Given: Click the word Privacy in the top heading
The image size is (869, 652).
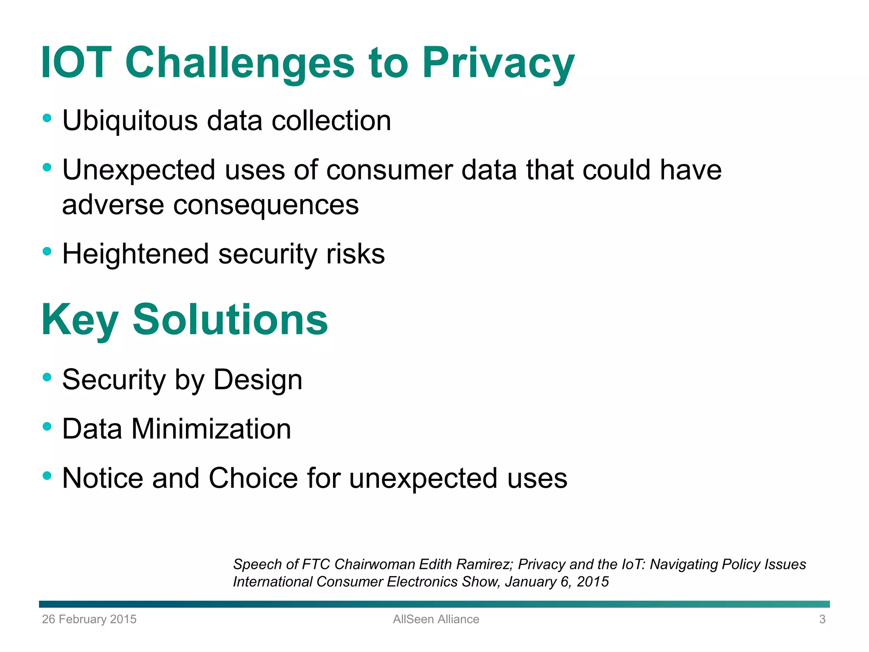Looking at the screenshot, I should point(498,64).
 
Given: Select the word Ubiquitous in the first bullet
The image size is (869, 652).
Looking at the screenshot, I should point(130,121).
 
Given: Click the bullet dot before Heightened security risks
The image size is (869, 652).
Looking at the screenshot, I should point(47,251).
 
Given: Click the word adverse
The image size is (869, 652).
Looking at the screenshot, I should point(112,205).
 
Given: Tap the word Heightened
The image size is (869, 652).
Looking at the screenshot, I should point(135,254).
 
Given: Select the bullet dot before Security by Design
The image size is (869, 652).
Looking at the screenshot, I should point(47,377).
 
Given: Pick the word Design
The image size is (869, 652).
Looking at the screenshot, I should point(258,379).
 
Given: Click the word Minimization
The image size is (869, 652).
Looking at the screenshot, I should point(211,429).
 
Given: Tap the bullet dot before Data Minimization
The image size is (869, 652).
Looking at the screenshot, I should point(47,426).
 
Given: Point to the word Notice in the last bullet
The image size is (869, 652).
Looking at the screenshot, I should point(103,478).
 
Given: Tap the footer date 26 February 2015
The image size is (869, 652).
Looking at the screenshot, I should point(89,619).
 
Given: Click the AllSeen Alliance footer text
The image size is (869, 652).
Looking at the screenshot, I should point(436,619).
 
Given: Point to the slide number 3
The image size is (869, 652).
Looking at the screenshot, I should point(822,619).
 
